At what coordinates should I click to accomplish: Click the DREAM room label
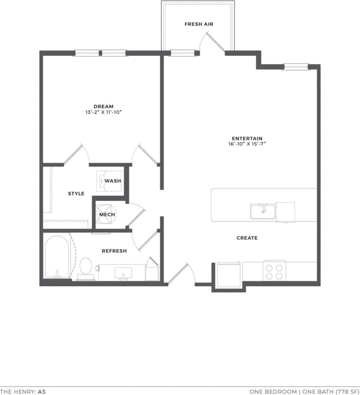(x=103, y=106)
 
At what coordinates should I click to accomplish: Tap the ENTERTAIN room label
(x=247, y=139)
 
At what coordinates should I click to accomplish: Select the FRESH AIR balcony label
(x=199, y=24)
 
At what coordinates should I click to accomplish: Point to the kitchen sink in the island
(x=263, y=211)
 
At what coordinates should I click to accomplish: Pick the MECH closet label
(x=107, y=215)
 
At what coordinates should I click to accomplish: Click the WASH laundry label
(x=113, y=181)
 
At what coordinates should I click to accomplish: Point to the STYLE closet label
(x=76, y=194)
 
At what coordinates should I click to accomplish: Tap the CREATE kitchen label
(x=247, y=238)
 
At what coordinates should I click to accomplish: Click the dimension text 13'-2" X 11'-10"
(x=103, y=112)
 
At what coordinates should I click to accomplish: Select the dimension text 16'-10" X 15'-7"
(x=247, y=144)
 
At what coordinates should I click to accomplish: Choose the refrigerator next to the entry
(x=229, y=275)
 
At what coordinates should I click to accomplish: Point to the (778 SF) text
(x=347, y=391)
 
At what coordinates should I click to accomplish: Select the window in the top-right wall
(x=296, y=66)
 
